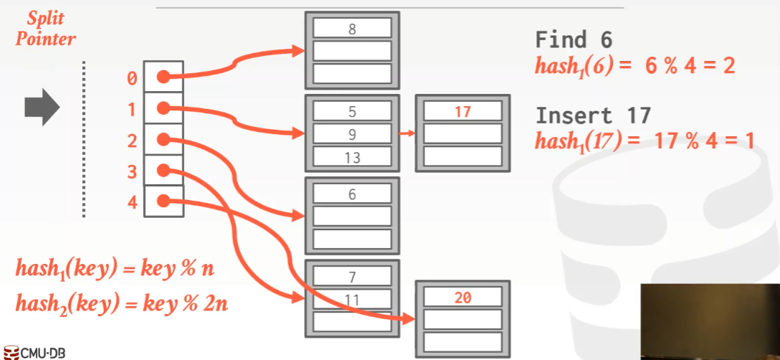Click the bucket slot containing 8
pos(351,29)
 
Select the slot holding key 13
pos(351,158)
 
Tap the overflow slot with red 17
pos(462,111)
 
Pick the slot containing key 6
pos(351,194)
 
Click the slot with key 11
pos(351,298)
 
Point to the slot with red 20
pos(462,297)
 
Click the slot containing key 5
pos(351,111)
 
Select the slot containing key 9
pos(351,134)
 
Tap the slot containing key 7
pos(351,276)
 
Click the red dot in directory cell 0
pos(163,77)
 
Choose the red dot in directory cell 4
pos(163,201)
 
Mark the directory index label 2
pos(132,141)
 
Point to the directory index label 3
pos(132,171)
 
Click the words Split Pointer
pos(46,29)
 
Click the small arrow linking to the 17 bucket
pos(406,133)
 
